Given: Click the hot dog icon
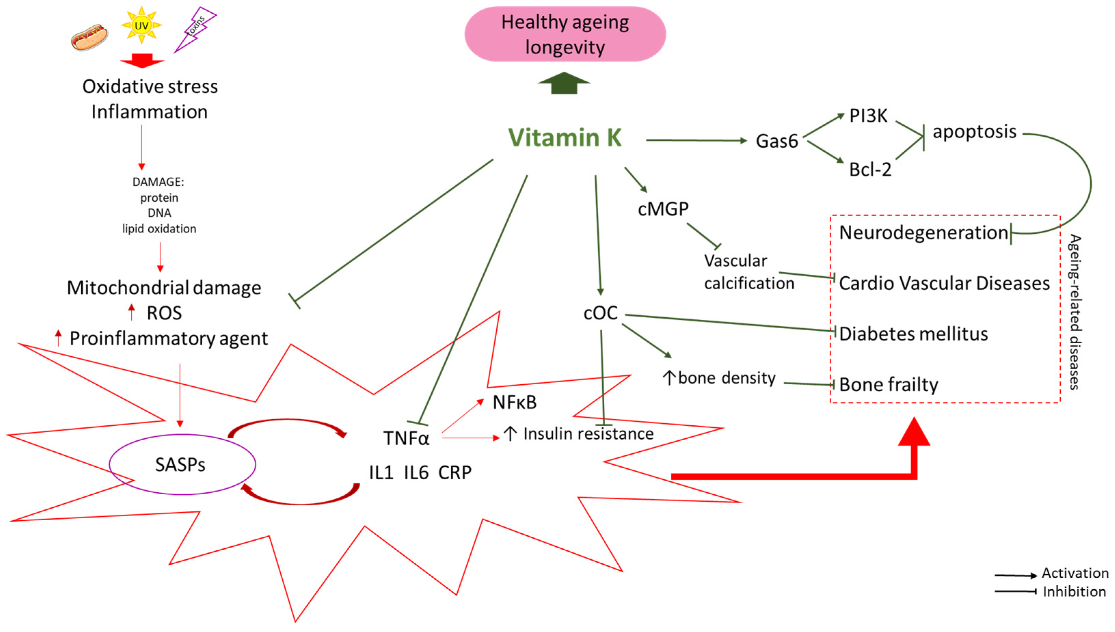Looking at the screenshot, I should [x=90, y=37].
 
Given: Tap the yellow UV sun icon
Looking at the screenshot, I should [x=142, y=26].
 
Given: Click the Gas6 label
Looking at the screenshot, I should [x=776, y=141].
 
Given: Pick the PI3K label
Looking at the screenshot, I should [x=868, y=116].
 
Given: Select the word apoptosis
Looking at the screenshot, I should [x=974, y=132].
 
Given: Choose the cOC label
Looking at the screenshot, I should [x=600, y=313].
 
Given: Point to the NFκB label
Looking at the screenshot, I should [x=514, y=402].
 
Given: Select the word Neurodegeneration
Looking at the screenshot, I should [x=923, y=233].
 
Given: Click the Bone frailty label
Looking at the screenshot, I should [x=888, y=385].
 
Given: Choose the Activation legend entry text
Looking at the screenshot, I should [x=1075, y=573].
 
